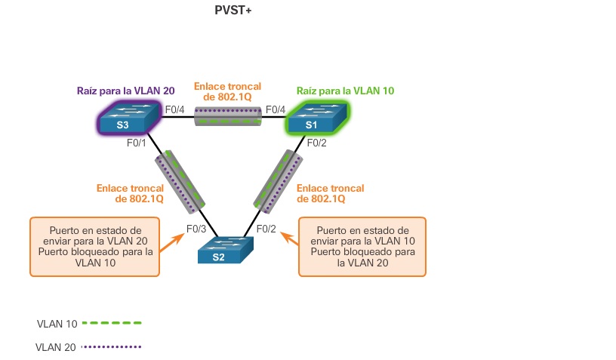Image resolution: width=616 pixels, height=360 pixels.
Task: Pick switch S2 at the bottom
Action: pos(224,251)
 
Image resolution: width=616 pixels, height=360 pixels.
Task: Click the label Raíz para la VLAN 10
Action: pos(345,91)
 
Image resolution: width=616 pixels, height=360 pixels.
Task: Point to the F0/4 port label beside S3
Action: pos(175,110)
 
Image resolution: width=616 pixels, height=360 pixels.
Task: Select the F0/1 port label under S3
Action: pos(137,141)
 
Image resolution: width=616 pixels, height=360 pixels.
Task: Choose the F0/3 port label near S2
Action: pos(195,229)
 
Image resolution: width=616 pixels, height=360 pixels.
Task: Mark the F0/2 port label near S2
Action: pos(267,229)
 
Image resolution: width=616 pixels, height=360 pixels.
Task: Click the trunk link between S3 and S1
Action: pos(227,116)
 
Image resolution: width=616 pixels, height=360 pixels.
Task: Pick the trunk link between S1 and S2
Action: pos(273,181)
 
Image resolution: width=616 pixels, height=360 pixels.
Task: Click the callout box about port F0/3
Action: pos(94,247)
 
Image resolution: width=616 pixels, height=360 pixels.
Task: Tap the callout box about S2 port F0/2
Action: pos(362,247)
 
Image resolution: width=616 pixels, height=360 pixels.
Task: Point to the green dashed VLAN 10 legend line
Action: pos(112,323)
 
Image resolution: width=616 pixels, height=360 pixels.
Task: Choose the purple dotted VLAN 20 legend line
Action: pos(112,347)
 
